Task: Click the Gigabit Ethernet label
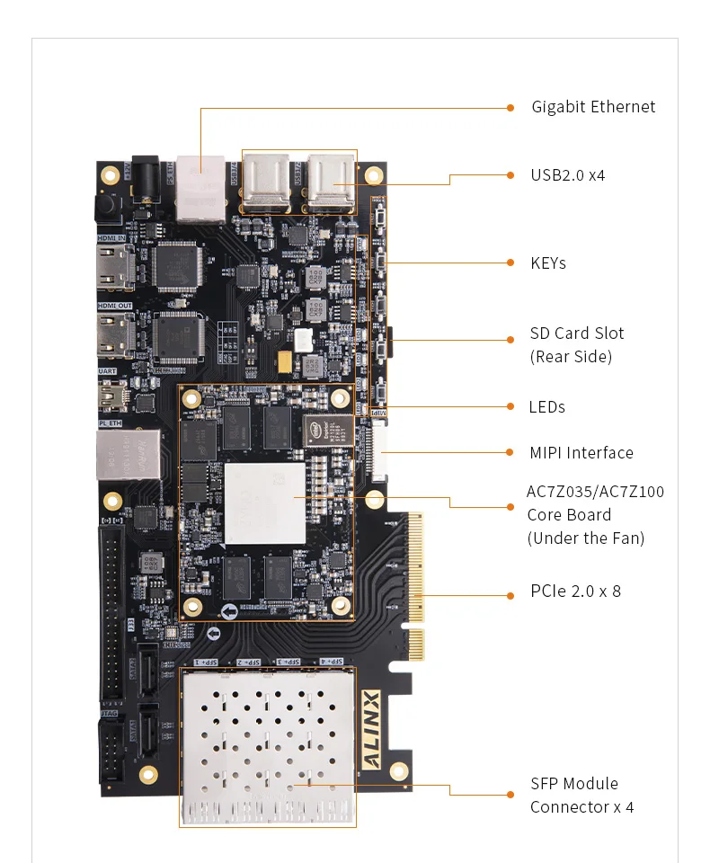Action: [x=593, y=107]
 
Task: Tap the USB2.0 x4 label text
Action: [x=567, y=175]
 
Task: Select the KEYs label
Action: [x=548, y=263]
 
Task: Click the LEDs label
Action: [x=546, y=407]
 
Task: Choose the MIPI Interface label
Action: [x=581, y=453]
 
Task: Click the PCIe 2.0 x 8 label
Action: [x=575, y=592]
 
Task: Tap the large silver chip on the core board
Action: [x=265, y=503]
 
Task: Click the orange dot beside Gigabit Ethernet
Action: [x=510, y=108]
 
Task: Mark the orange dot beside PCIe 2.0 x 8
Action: [x=510, y=595]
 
